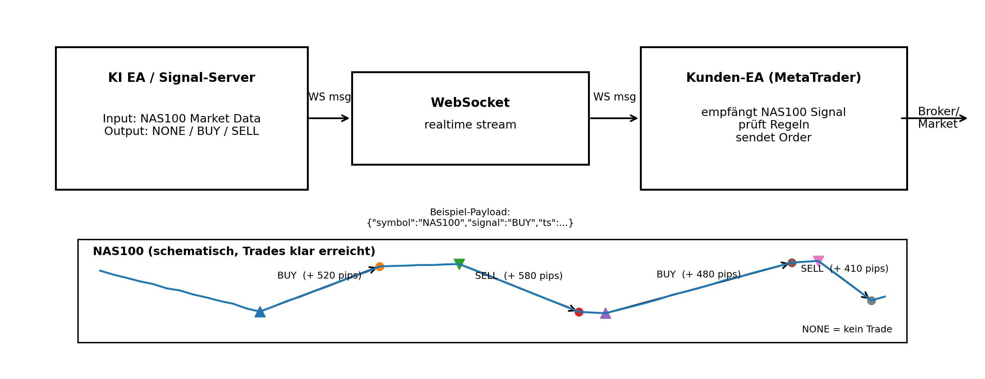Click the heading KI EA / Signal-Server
pos(181,78)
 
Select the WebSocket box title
pos(470,103)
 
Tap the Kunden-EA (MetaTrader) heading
pos(773,78)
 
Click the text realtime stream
pos(470,125)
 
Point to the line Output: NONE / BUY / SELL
pos(181,132)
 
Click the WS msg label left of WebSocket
pos(329,97)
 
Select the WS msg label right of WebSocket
pos(614,97)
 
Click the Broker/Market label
pos(938,118)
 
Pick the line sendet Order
pos(773,138)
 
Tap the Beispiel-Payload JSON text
pos(470,223)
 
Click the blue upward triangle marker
pos(260,312)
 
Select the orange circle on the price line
pos(379,266)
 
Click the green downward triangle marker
pos(459,263)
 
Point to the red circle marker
pos(579,312)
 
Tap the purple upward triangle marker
pos(605,314)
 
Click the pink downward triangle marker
pos(818,260)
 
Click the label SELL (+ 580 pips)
pos(519,276)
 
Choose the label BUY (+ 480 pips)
pos(699,275)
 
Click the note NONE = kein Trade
pos(847,329)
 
